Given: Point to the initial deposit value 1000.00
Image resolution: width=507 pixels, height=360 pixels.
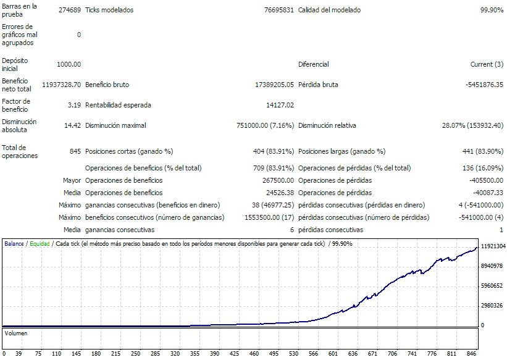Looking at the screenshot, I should tap(69, 64).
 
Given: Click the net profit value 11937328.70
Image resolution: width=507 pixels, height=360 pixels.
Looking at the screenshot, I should tap(62, 85).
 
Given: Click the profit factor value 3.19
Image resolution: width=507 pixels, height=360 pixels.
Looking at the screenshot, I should tap(75, 105).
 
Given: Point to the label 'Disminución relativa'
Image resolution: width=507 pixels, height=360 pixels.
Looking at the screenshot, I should tap(327, 126).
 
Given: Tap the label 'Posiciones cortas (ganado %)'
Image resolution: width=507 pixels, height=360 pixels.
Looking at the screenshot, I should tap(128, 151).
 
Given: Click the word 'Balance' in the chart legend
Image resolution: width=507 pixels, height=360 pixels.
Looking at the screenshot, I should tap(14, 244).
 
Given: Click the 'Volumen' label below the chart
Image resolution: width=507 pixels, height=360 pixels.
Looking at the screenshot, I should tap(16, 333).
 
